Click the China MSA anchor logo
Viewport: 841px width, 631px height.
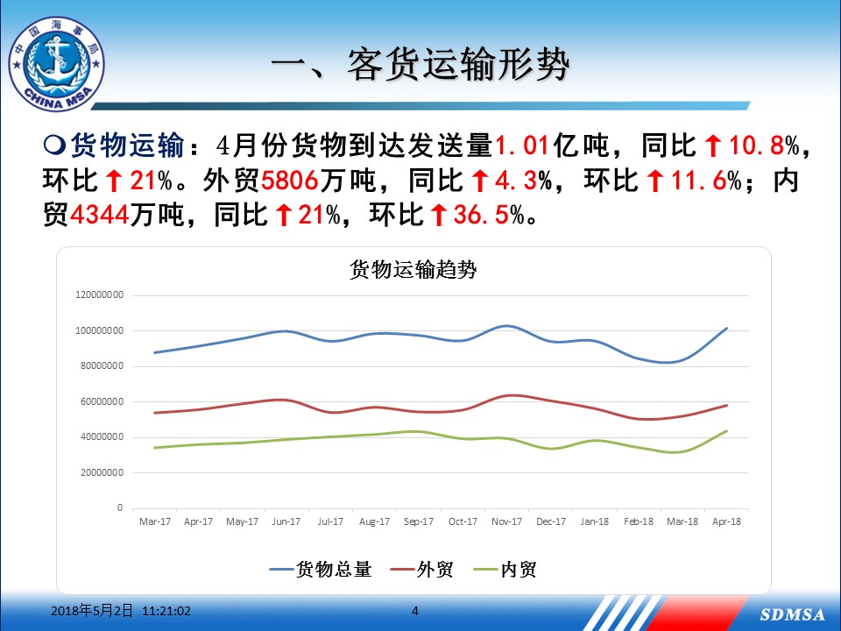[56, 64]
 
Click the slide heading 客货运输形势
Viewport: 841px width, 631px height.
[457, 65]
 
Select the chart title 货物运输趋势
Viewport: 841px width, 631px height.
[413, 269]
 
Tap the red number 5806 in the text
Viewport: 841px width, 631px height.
[290, 181]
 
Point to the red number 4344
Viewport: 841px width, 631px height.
[100, 216]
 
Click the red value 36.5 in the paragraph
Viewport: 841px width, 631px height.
[481, 216]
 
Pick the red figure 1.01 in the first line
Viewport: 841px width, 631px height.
[522, 145]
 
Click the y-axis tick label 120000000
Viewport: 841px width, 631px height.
[99, 294]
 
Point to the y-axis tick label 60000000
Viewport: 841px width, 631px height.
[102, 401]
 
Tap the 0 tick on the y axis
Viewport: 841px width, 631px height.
[120, 507]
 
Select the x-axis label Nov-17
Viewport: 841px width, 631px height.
[506, 521]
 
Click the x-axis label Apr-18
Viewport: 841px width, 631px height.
[726, 521]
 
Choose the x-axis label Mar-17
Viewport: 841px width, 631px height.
[154, 521]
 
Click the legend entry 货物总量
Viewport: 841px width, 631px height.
[321, 570]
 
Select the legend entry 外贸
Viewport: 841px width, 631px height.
[422, 570]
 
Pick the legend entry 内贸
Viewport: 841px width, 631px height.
[505, 570]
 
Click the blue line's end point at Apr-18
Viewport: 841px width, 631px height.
[727, 328]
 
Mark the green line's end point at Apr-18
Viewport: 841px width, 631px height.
[727, 431]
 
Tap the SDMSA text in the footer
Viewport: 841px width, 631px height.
[792, 614]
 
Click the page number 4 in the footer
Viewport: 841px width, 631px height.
[414, 611]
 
